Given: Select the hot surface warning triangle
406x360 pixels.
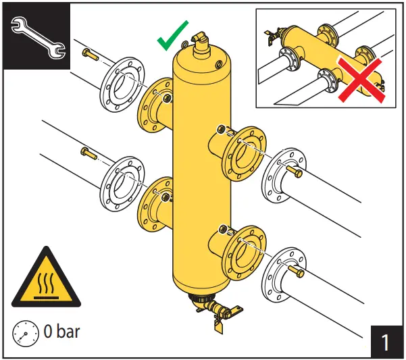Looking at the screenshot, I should click(x=45, y=280).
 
